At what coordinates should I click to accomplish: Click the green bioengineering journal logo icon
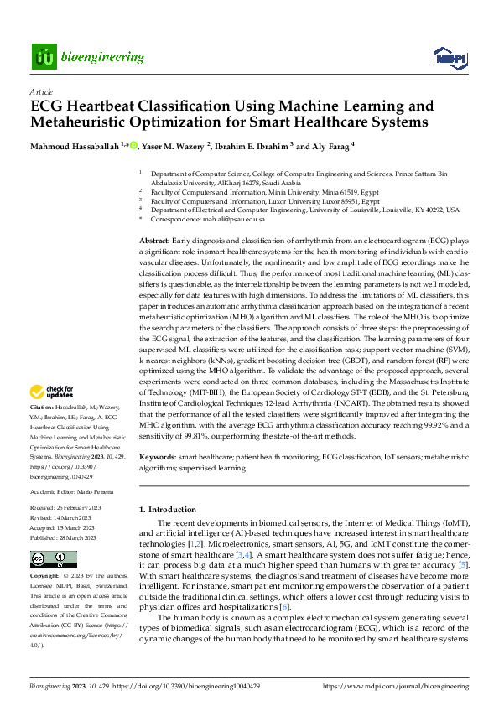click(44, 57)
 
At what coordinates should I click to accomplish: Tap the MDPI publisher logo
click(448, 57)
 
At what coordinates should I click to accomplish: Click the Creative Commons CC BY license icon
click(54, 559)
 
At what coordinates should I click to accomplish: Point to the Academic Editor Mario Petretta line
click(65, 492)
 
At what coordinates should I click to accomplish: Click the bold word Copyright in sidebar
click(44, 577)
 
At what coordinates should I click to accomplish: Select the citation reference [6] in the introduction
click(285, 606)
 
